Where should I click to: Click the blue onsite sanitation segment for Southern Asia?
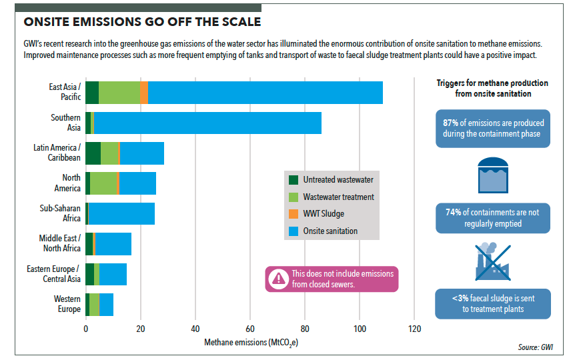pyautogui.click(x=207, y=123)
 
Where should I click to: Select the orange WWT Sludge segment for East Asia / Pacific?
pyautogui.click(x=144, y=93)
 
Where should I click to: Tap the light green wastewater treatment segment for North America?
pyautogui.click(x=103, y=183)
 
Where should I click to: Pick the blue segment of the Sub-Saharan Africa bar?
pyautogui.click(x=121, y=213)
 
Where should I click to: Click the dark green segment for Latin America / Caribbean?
pyautogui.click(x=93, y=153)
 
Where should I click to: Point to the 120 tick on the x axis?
pyautogui.click(x=414, y=329)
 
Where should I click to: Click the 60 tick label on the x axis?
pyautogui.click(x=250, y=329)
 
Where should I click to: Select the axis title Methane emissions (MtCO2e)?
pyautogui.click(x=249, y=343)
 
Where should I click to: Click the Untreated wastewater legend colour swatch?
pyautogui.click(x=294, y=180)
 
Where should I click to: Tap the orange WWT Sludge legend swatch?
pyautogui.click(x=294, y=214)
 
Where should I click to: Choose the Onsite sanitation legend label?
pyautogui.click(x=330, y=231)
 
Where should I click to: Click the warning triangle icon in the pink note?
pyautogui.click(x=277, y=279)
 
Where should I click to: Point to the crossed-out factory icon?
pyautogui.click(x=492, y=261)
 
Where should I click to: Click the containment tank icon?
pyautogui.click(x=492, y=175)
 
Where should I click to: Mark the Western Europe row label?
pyautogui.click(x=67, y=304)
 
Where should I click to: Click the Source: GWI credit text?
pyautogui.click(x=535, y=347)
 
